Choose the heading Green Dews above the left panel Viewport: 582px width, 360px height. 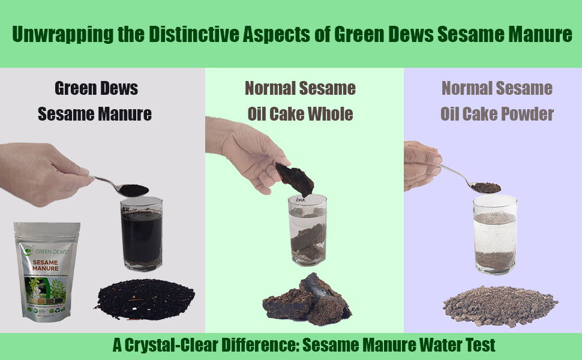pos(96,89)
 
